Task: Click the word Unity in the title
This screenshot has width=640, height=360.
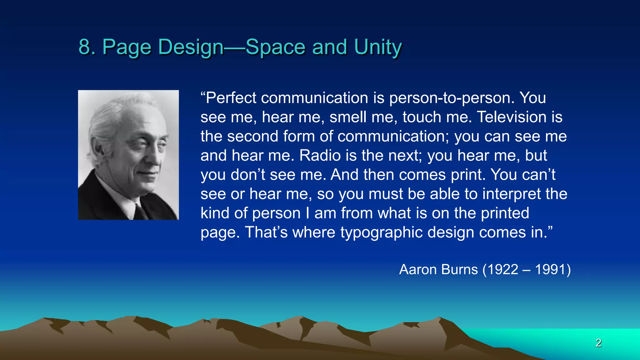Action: (x=378, y=47)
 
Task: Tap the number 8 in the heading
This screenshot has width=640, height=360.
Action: (x=84, y=47)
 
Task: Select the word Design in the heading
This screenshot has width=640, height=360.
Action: (x=191, y=47)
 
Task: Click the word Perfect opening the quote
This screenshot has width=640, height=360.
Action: (x=231, y=98)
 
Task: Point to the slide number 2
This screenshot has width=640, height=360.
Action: (x=598, y=343)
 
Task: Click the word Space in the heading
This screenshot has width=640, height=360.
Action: (x=275, y=47)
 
